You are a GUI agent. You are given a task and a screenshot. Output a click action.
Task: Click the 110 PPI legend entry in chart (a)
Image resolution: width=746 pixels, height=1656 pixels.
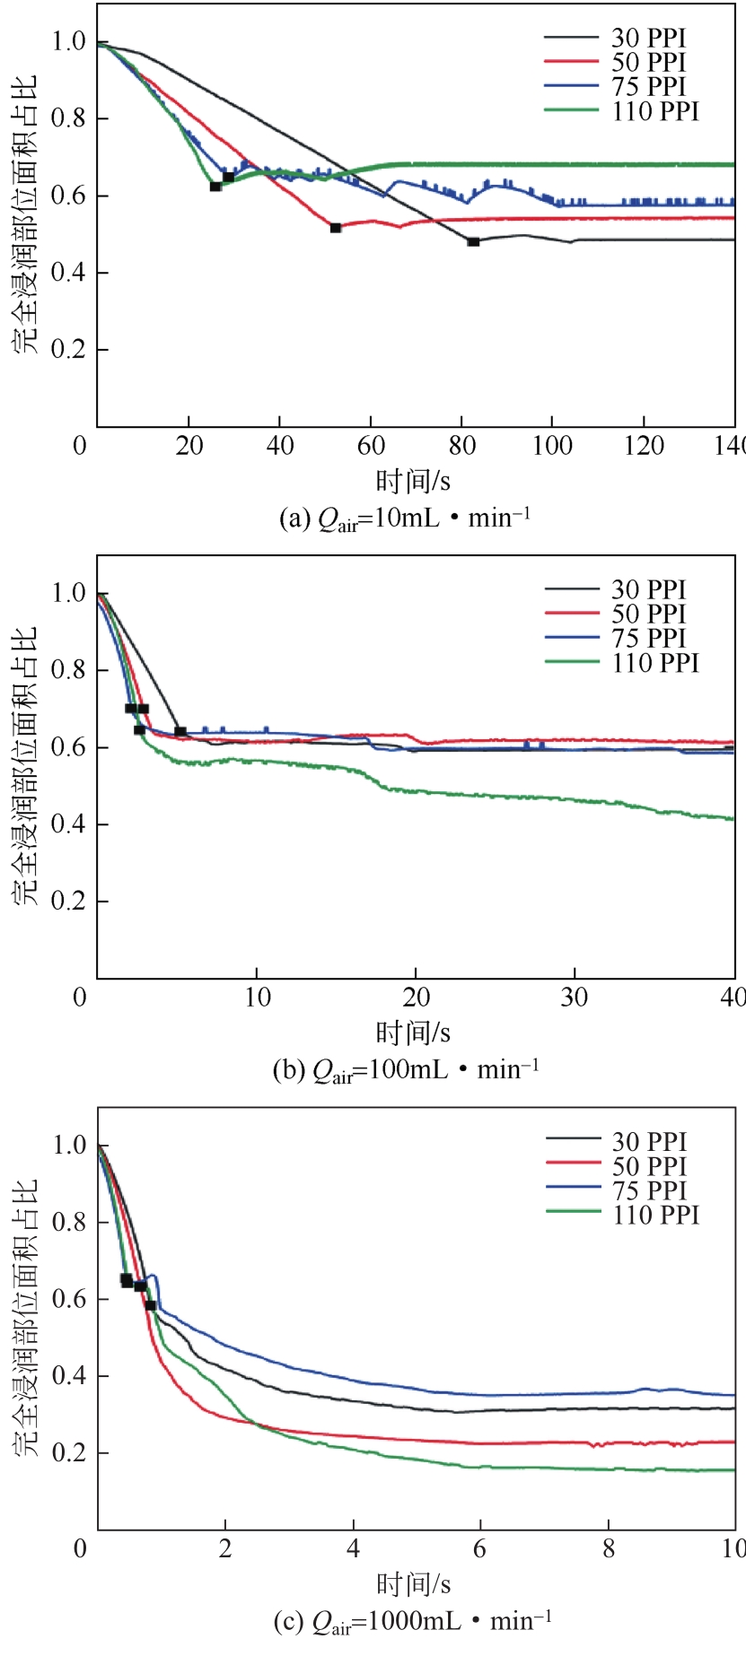coord(655,111)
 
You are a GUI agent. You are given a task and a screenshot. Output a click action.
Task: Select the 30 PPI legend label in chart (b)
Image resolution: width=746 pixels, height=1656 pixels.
coord(648,590)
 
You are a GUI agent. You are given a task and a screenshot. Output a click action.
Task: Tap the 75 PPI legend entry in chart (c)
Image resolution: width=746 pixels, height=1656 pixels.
coord(649,1190)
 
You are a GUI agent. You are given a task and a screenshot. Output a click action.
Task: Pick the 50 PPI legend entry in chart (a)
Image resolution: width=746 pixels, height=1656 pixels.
coord(648,63)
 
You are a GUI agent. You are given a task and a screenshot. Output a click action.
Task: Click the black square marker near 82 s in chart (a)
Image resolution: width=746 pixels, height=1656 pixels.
coord(473,241)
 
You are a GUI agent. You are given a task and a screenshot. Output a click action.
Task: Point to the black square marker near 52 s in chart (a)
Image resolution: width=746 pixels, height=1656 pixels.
coord(336,228)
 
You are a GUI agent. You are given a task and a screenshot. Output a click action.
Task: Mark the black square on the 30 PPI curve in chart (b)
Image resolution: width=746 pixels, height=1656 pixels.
coord(180,731)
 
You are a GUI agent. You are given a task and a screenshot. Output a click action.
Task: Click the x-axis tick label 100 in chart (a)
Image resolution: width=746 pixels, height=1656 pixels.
coord(552,446)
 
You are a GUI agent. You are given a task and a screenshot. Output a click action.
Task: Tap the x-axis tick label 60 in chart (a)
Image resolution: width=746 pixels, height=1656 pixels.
coord(371,446)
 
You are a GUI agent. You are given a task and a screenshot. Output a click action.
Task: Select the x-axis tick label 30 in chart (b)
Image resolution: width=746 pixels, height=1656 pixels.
coord(575,998)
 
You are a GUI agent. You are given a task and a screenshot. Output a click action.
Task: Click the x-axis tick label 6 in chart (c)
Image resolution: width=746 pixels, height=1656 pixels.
coord(480,1549)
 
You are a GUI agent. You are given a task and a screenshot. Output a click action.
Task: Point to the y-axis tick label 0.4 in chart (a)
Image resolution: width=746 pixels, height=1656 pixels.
coord(67,273)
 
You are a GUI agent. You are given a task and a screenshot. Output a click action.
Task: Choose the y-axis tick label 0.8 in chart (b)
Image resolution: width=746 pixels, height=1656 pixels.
coord(67,670)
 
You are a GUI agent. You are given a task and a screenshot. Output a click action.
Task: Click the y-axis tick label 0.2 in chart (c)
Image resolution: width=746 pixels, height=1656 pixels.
coord(67,1453)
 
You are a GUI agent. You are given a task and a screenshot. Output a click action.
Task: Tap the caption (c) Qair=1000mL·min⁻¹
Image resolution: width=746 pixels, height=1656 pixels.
coord(412,1621)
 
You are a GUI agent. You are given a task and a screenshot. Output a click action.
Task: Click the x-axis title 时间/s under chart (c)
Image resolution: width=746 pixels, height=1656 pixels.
coord(413,1583)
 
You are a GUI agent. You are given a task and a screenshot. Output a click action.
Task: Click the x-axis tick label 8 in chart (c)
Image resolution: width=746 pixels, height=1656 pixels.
coord(609,1549)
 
